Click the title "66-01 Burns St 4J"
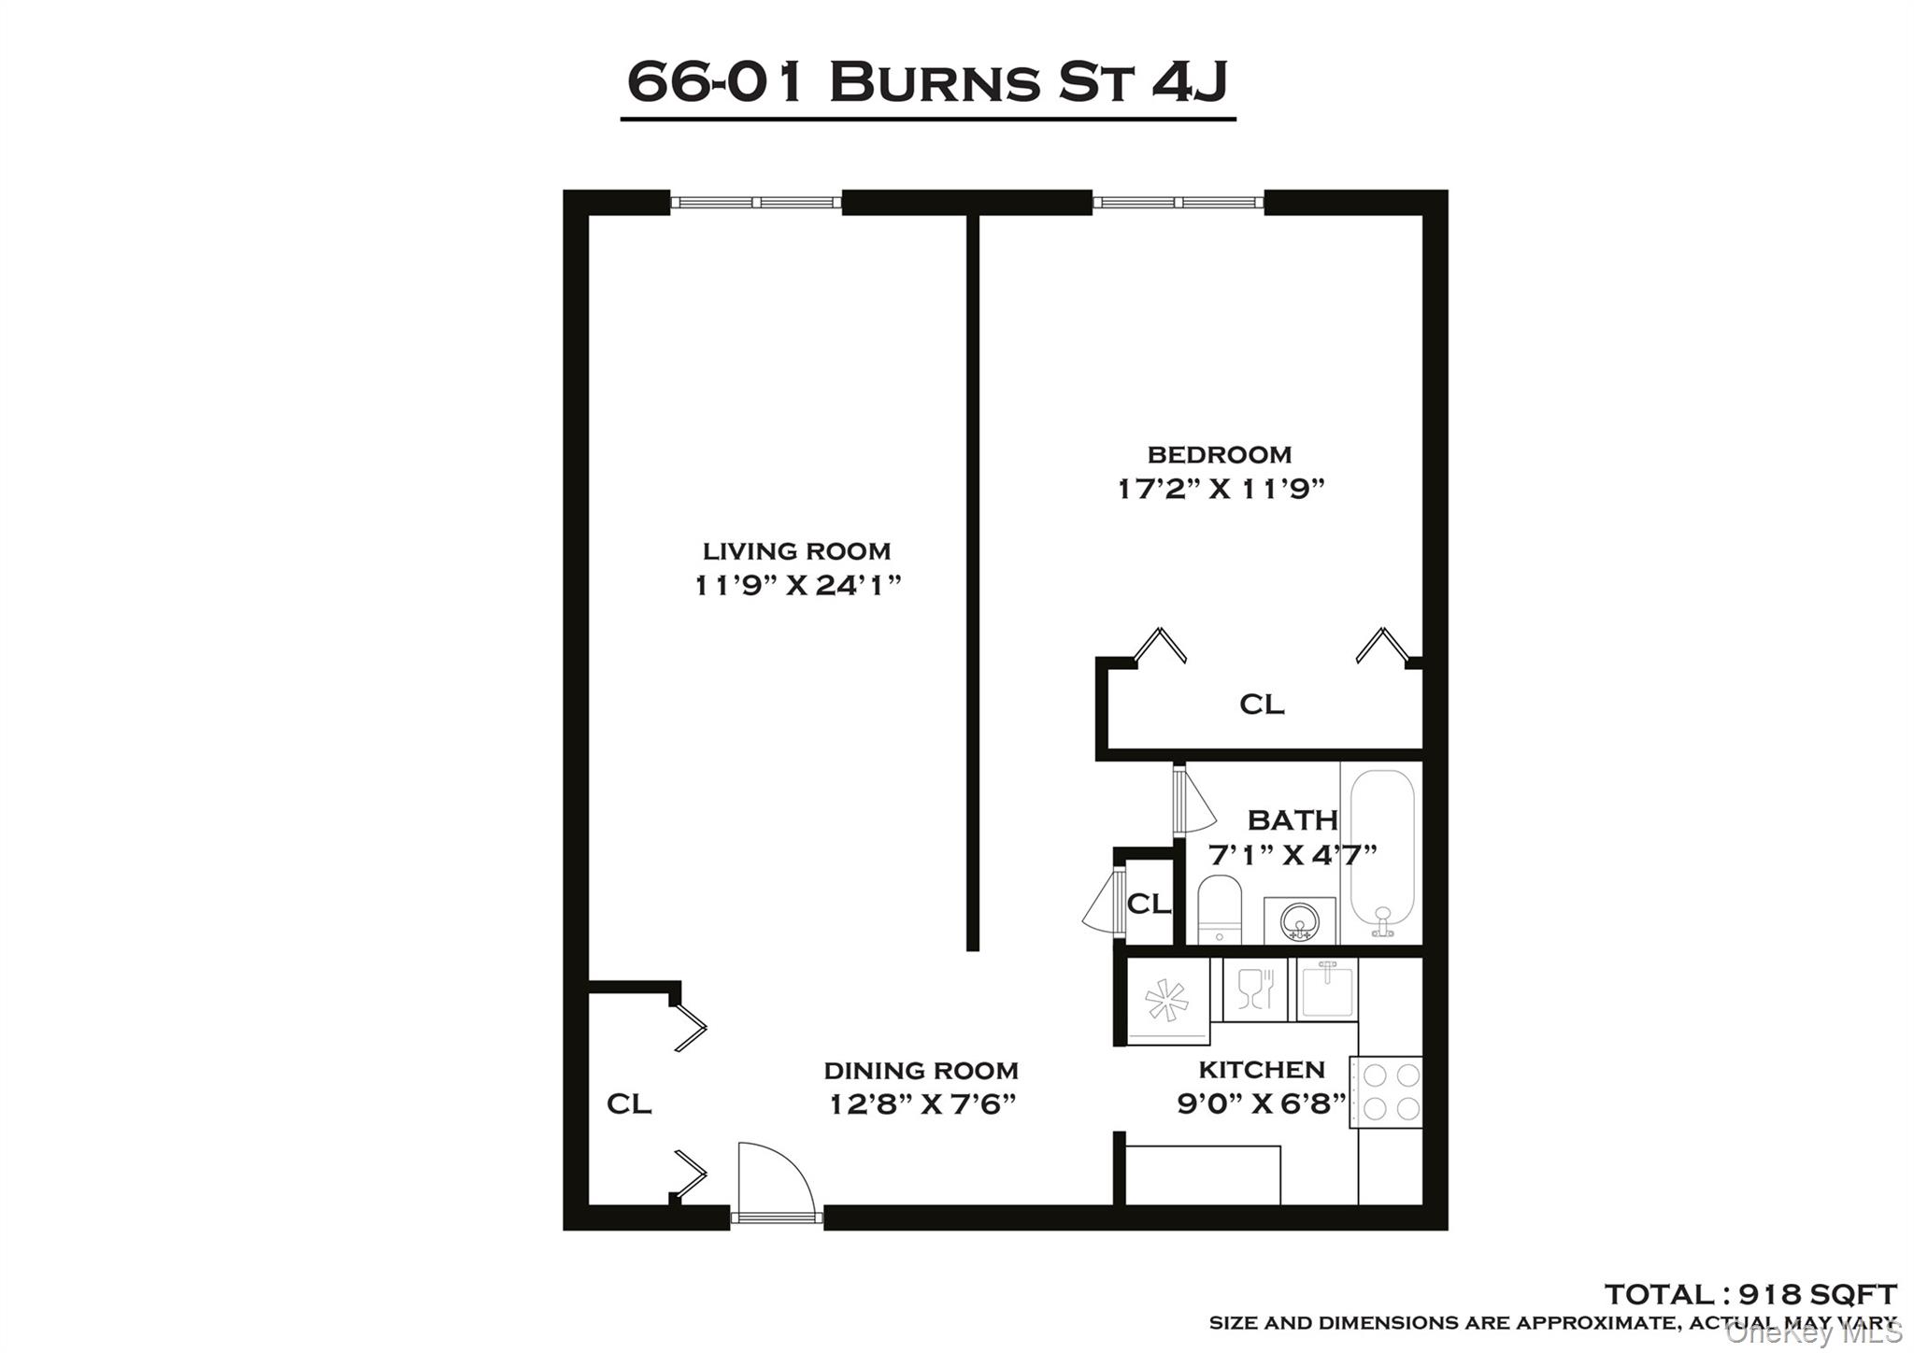[x=927, y=82]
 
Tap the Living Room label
[x=796, y=551]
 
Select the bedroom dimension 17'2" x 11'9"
[x=1221, y=489]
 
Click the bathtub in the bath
[x=1381, y=852]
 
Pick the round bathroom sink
[x=1299, y=920]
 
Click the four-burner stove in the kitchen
[x=1386, y=1092]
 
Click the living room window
[x=756, y=202]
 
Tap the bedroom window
[x=1178, y=202]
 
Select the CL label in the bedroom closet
[x=1262, y=705]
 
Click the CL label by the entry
[x=629, y=1104]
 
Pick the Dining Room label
[x=921, y=1071]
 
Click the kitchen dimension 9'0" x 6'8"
[x=1261, y=1104]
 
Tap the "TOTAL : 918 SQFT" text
[x=1750, y=1294]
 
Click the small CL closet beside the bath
[x=1149, y=904]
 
